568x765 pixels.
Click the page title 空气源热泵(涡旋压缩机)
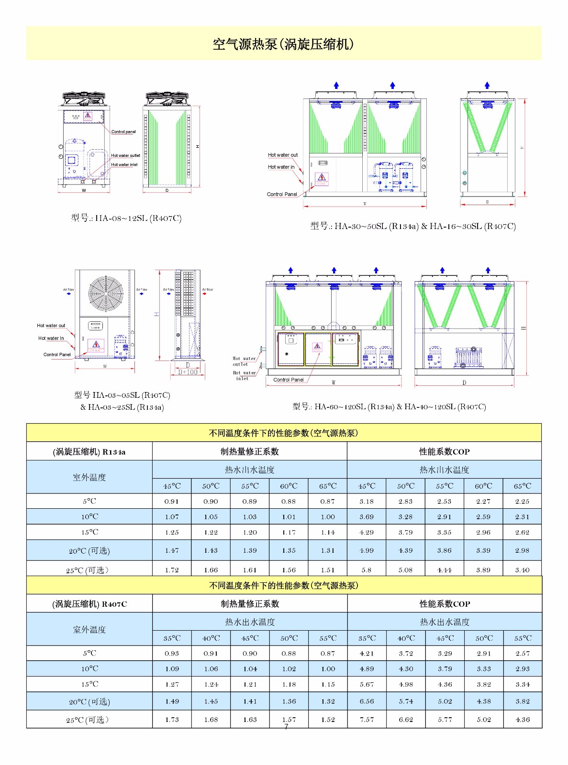tap(283, 44)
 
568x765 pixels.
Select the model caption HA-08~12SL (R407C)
tap(126, 219)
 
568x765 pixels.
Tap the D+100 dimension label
tap(188, 372)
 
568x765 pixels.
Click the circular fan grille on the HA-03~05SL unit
tap(106, 293)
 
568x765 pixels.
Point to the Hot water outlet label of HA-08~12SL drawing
tap(125, 155)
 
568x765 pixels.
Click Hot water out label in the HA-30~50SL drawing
tap(282, 155)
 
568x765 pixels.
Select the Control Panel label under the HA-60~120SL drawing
tap(288, 380)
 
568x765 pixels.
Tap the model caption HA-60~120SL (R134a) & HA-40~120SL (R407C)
tap(389, 407)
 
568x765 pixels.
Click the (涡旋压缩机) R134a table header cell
tap(89, 452)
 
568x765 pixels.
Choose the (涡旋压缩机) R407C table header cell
tap(89, 604)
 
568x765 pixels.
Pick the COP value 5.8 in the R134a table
tap(367, 570)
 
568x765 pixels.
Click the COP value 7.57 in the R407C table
tap(367, 720)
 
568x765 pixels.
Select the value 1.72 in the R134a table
tap(172, 570)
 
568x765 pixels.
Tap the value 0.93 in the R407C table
tap(172, 653)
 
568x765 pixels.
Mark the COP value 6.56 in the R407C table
tap(367, 701)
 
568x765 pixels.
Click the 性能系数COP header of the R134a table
tap(444, 452)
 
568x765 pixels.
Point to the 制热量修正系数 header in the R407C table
tap(250, 604)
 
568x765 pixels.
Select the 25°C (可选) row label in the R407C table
tap(89, 720)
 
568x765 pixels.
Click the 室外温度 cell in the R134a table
tap(89, 477)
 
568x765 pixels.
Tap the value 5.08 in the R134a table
tap(406, 570)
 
